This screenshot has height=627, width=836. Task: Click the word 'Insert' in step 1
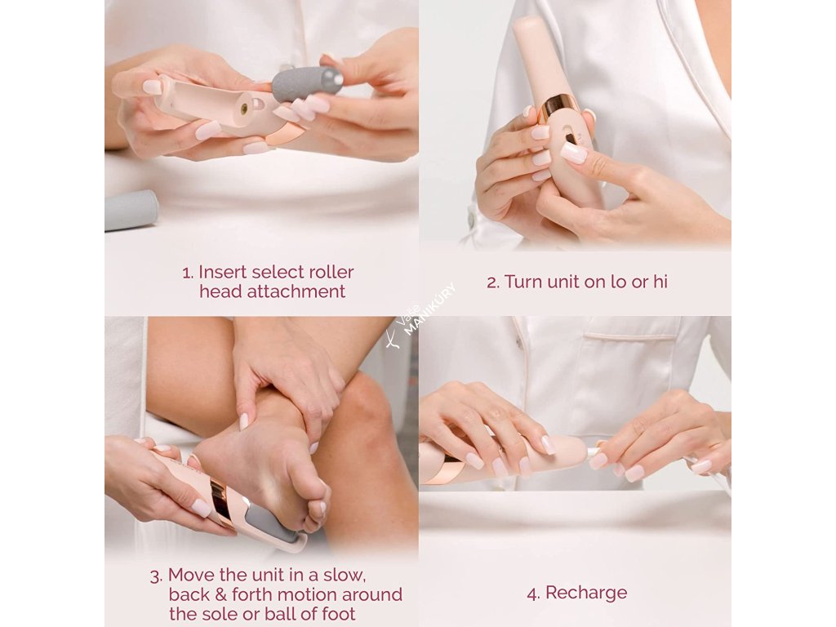(x=222, y=273)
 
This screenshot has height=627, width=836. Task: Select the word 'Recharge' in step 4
(x=586, y=593)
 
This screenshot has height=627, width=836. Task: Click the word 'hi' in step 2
(x=660, y=282)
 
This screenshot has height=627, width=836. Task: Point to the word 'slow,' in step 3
(x=345, y=575)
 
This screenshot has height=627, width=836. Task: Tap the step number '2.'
(x=493, y=282)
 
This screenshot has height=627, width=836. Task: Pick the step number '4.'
(x=534, y=593)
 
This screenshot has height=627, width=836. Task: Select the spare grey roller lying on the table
(x=131, y=210)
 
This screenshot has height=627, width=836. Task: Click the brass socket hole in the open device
(x=245, y=109)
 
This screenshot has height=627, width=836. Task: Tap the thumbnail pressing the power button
(x=573, y=153)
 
